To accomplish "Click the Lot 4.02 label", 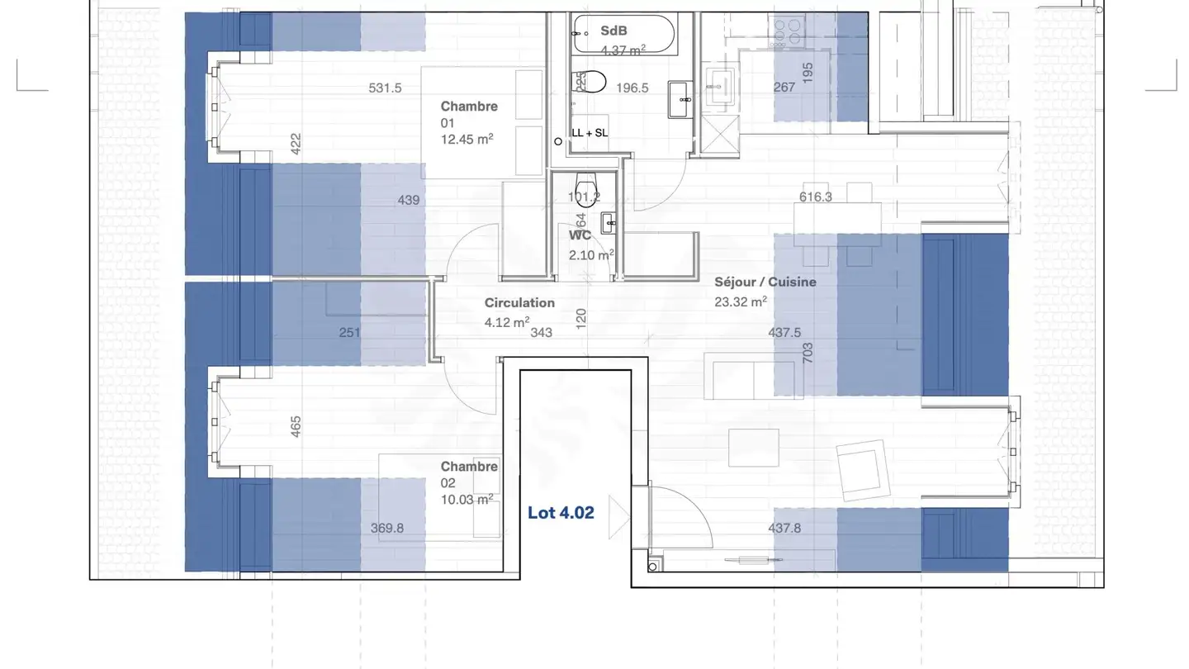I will click(x=561, y=513).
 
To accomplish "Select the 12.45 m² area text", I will click(x=467, y=140).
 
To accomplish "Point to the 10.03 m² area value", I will click(x=467, y=498).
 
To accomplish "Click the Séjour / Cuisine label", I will click(x=765, y=282).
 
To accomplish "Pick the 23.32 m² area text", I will click(x=741, y=302).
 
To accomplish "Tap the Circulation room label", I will click(x=519, y=303).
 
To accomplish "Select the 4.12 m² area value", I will click(x=507, y=323).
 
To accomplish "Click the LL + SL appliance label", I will click(x=590, y=133).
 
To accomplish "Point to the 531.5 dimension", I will click(x=385, y=88).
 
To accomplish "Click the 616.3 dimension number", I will click(x=816, y=197).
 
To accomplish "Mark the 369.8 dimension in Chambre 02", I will click(x=386, y=529).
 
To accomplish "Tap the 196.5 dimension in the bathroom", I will click(x=632, y=88).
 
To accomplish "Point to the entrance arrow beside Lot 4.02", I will click(x=618, y=517).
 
